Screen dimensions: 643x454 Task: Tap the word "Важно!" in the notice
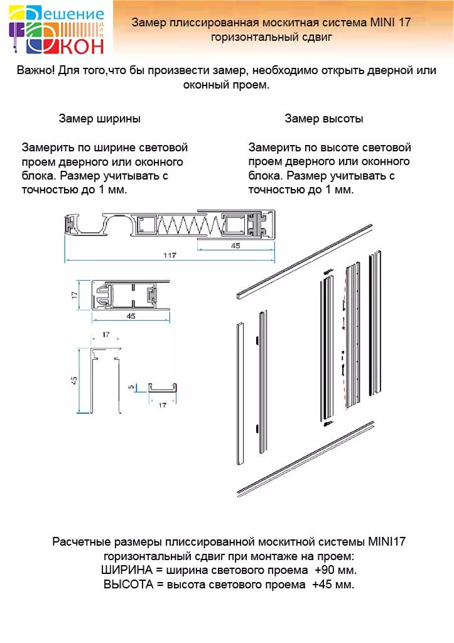point(36,71)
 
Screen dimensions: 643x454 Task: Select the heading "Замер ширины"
point(100,119)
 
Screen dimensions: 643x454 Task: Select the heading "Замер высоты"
point(324,119)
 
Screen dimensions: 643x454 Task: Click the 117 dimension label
point(170,256)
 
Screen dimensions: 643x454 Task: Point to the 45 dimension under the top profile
point(235,246)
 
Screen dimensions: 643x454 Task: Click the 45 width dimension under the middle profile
point(131,316)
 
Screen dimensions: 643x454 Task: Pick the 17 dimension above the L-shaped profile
point(105,335)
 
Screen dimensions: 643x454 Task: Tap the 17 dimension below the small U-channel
point(162,405)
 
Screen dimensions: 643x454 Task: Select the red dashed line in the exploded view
point(346,339)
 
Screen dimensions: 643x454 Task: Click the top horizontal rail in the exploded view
point(305,261)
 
